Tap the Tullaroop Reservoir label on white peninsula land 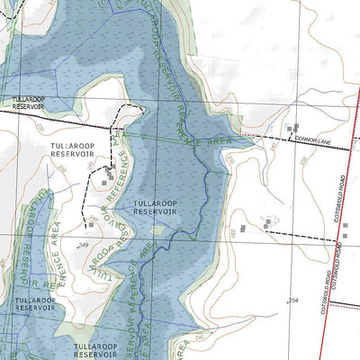(73, 149)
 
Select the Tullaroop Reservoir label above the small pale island (156, 208)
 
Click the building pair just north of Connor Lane (292, 129)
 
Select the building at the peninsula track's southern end (90, 224)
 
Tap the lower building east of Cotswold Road (344, 236)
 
